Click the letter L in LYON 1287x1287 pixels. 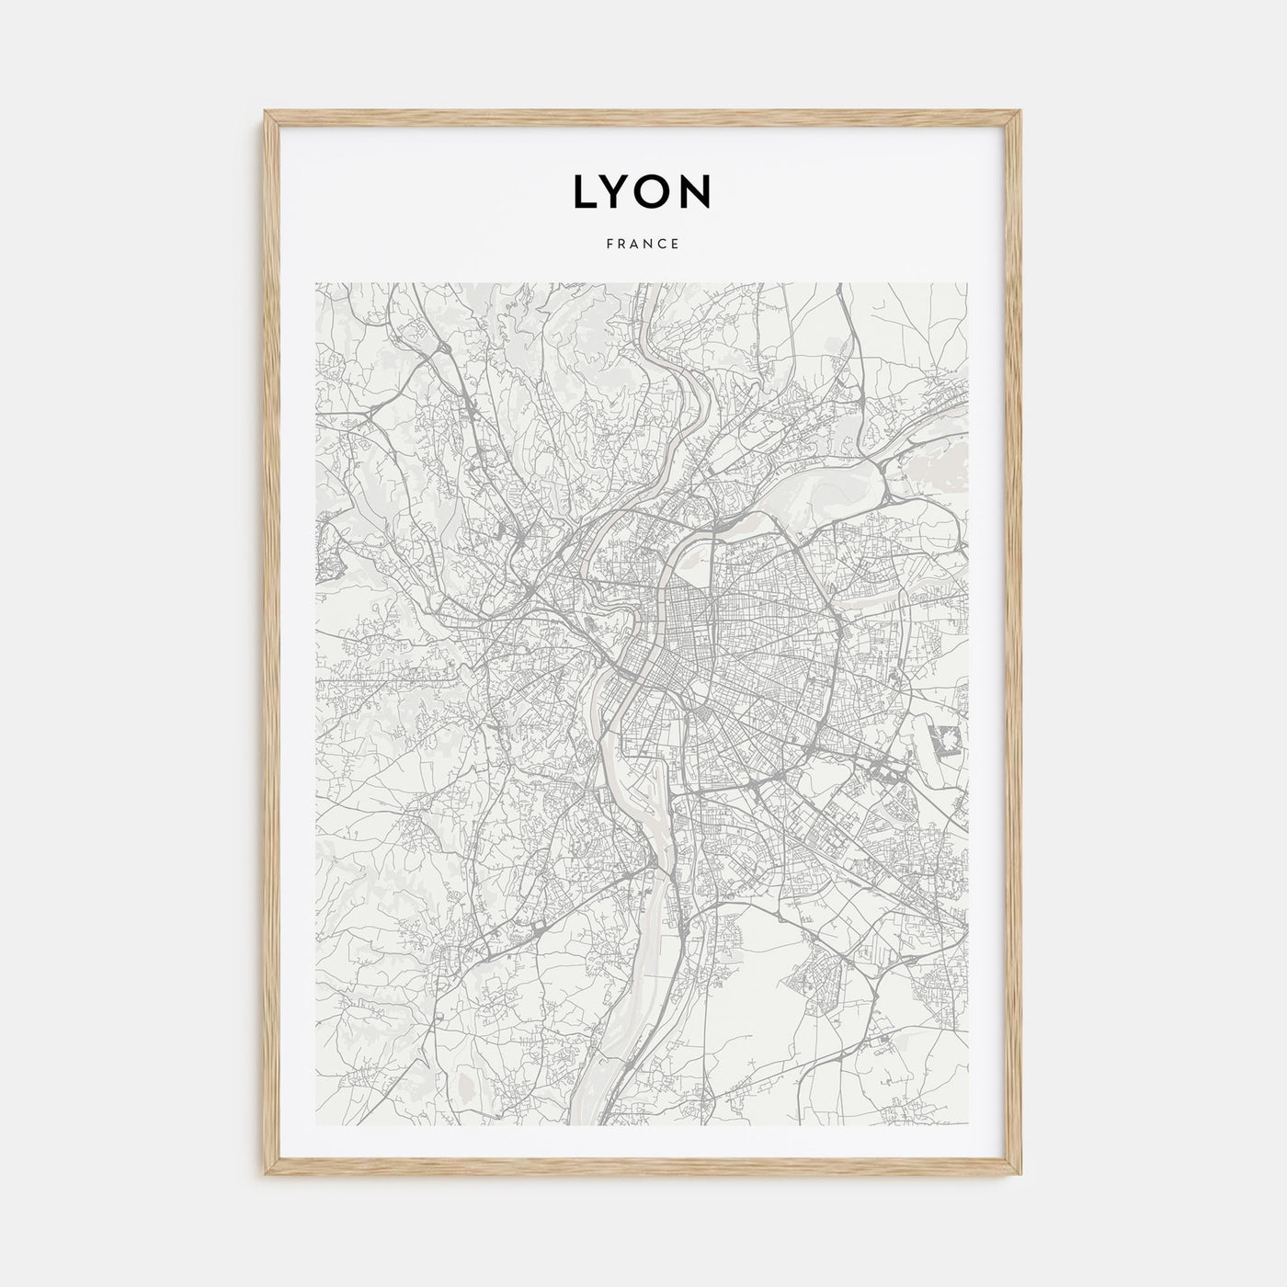coord(586,191)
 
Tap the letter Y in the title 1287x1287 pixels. coord(623,191)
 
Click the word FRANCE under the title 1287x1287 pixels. coord(643,245)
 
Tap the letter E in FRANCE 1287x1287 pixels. coord(676,245)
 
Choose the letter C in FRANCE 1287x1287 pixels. coord(663,245)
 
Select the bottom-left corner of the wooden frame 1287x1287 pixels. coord(265,1176)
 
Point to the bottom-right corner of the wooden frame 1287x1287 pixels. coord(1022,1176)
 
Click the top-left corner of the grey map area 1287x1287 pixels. coord(315,283)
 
